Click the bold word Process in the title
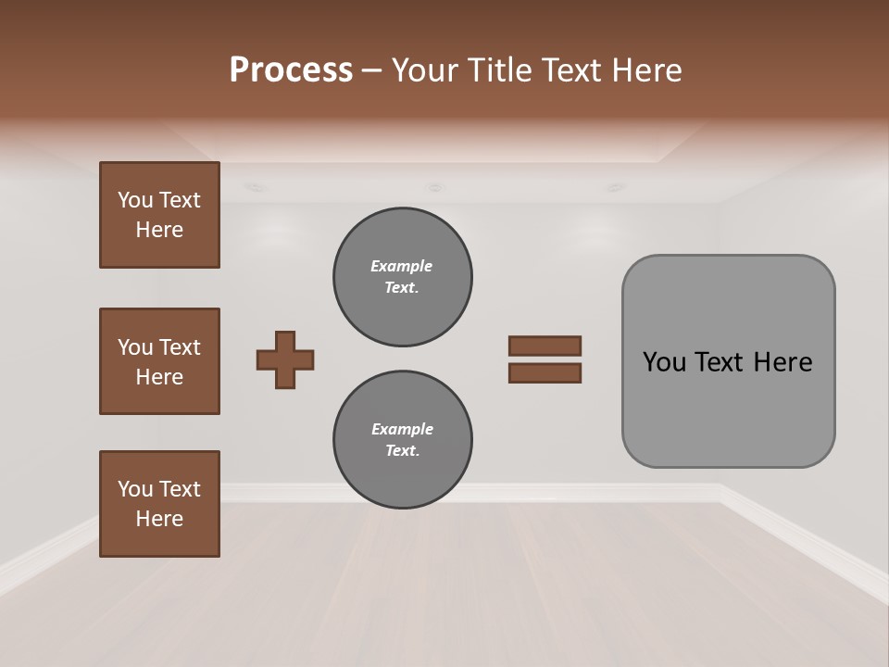[291, 70]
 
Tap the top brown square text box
[159, 215]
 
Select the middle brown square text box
[159, 361]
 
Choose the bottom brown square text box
[159, 504]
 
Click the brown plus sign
[285, 359]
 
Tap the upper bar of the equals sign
[545, 346]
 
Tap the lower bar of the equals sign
[545, 372]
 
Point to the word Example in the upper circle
[402, 266]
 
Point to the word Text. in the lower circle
[402, 450]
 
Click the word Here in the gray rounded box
[783, 362]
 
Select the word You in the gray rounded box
[665, 362]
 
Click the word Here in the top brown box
[159, 230]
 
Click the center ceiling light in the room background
[433, 187]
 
